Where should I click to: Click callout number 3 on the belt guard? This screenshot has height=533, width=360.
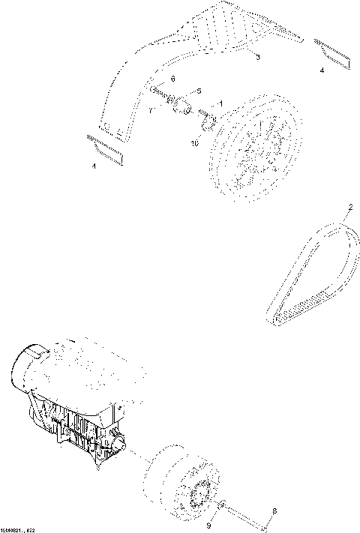coord(257,58)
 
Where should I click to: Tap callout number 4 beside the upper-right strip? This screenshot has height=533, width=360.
coord(322,70)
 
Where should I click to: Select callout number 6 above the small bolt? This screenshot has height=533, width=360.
coord(173,79)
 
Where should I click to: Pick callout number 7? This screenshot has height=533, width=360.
coord(150,109)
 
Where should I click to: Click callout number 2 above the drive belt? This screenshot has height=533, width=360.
coord(349,205)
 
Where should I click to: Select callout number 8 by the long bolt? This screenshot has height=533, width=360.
coord(274,511)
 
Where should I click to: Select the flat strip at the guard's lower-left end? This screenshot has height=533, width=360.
coord(105,148)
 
